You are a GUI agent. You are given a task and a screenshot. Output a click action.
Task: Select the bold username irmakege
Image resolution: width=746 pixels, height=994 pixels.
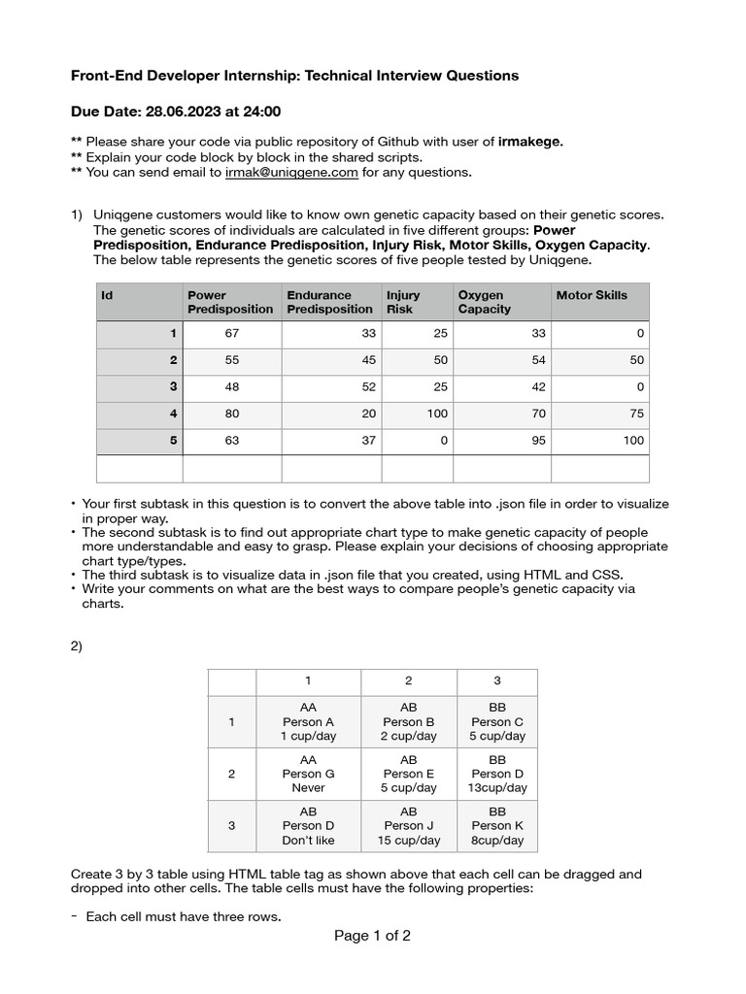coord(530,142)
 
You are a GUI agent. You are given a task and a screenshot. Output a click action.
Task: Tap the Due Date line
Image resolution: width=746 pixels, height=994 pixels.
coord(176,112)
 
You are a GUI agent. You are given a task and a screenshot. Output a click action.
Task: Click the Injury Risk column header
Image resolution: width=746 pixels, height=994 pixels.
coord(404,302)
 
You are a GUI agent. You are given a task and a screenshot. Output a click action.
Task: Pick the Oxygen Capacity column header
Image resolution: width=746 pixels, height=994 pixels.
coord(484,302)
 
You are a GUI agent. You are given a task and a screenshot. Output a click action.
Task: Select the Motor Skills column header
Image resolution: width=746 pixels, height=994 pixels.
coord(592,295)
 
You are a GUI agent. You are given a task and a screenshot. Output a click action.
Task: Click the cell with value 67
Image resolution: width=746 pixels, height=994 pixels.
coord(231,334)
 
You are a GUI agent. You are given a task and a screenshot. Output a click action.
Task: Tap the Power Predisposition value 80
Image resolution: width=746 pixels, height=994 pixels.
coord(231,414)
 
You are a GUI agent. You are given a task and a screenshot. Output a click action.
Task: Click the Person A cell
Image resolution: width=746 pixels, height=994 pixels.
coord(308,722)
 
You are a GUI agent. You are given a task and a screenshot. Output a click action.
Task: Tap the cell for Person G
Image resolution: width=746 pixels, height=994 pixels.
coord(308,774)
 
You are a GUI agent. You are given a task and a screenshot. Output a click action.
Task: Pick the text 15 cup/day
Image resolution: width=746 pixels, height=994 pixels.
coord(409,841)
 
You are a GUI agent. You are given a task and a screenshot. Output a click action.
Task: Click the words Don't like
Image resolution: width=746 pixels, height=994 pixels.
coord(308,841)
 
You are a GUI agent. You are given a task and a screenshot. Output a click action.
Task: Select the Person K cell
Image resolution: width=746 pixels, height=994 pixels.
coord(497,826)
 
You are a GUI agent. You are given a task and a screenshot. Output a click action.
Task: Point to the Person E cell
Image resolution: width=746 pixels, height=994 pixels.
coord(409,774)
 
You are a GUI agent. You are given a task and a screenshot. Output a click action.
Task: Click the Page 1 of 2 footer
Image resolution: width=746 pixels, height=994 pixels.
coord(372,937)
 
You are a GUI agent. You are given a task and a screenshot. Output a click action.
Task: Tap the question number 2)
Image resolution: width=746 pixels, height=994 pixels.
coord(77,646)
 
